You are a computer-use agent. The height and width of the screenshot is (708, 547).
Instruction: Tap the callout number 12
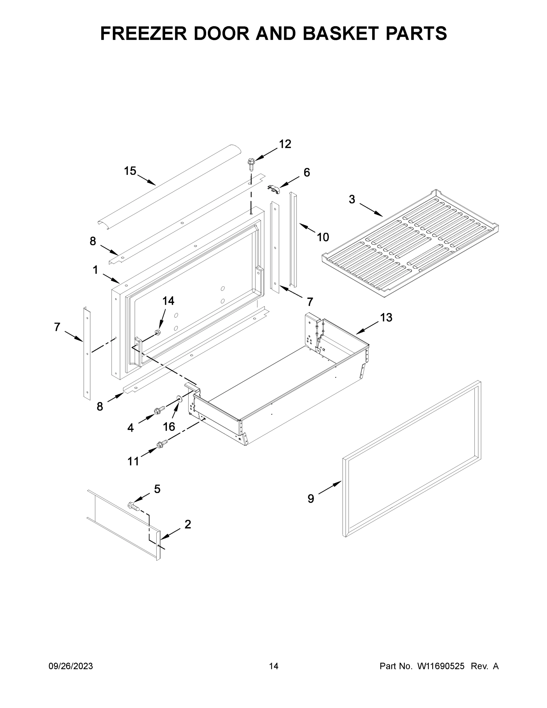285,144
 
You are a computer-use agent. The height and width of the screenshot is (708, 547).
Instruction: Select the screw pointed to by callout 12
250,164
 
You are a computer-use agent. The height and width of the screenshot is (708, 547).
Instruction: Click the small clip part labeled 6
274,190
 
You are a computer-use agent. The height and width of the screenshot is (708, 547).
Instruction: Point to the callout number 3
352,199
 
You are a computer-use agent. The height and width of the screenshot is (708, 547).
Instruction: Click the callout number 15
130,171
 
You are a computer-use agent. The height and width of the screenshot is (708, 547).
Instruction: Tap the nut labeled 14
157,332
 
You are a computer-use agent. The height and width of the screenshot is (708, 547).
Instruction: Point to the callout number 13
386,317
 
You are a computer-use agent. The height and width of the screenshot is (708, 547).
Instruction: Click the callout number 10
323,237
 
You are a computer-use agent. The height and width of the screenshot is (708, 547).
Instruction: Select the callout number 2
188,524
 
